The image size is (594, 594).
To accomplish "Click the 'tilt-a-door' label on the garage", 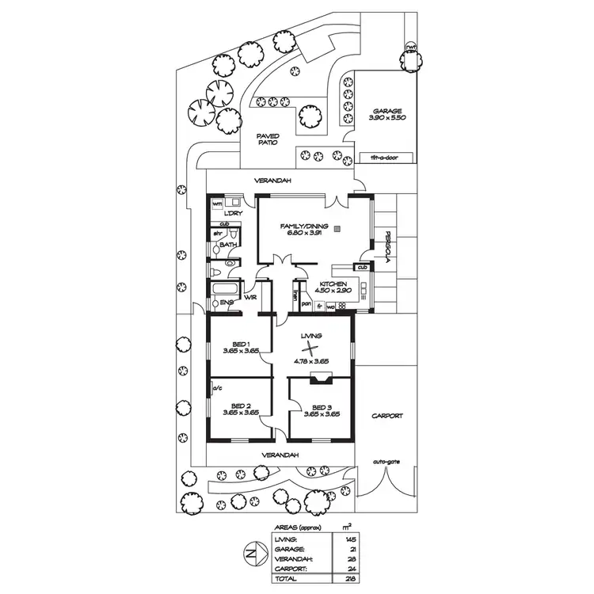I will pyautogui.click(x=384, y=158).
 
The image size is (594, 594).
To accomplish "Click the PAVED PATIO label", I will pyautogui.click(x=268, y=139).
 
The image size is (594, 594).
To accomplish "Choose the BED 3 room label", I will pyautogui.click(x=322, y=408).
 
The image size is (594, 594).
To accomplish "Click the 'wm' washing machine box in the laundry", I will pyautogui.click(x=217, y=204).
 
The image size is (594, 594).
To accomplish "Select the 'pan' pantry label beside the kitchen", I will pyautogui.click(x=306, y=304).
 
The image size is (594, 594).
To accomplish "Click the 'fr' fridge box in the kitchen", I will pyautogui.click(x=320, y=305).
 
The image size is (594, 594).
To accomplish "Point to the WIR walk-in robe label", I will pyautogui.click(x=251, y=298).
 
